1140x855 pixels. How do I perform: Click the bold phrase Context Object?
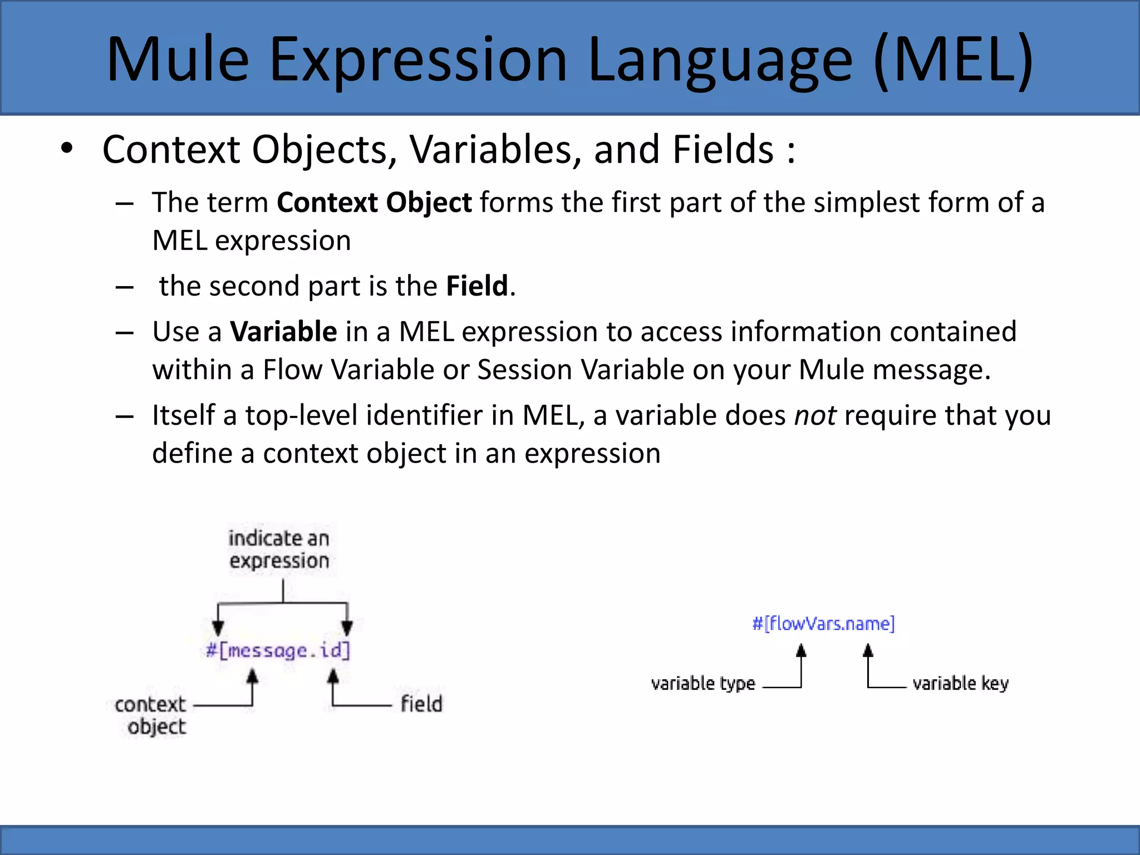374,202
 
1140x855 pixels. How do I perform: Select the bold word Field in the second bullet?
477,286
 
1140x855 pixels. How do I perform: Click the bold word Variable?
283,332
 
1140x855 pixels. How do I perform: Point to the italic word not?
814,416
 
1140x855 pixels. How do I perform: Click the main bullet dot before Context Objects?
67,149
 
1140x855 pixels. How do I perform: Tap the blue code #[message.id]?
278,650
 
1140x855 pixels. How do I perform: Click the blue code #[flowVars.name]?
823,623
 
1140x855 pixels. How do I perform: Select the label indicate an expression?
279,549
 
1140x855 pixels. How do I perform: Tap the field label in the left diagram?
421,704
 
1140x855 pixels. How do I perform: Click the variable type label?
703,683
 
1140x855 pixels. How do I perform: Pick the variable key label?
960,683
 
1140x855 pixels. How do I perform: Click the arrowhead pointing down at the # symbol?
218,628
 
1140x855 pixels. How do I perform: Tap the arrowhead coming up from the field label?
333,677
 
